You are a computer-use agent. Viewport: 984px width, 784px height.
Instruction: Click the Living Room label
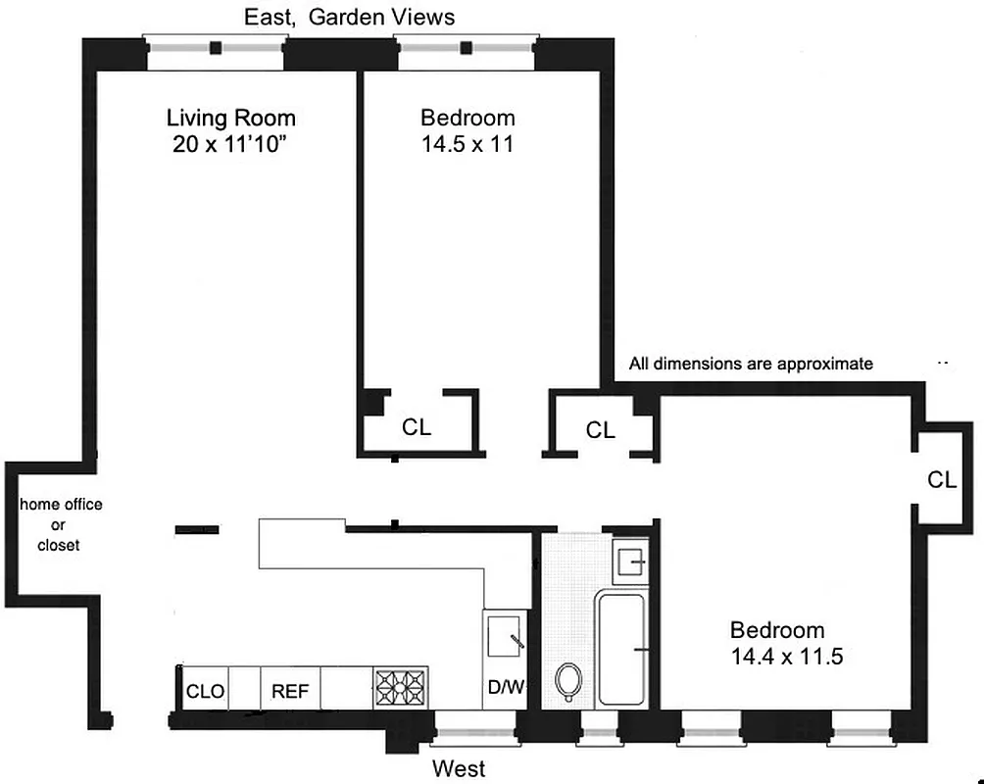click(230, 119)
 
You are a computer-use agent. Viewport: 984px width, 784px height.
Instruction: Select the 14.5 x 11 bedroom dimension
click(467, 145)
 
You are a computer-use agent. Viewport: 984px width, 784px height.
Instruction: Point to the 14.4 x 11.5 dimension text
click(786, 657)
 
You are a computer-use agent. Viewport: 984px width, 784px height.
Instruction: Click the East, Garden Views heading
click(349, 18)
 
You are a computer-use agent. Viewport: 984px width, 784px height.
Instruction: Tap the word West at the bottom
click(460, 768)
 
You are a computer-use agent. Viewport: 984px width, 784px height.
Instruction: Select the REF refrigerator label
click(290, 692)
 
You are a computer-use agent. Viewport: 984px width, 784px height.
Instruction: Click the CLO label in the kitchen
click(206, 692)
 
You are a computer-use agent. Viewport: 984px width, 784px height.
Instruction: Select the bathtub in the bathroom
click(621, 648)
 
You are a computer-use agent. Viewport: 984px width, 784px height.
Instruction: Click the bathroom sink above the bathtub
click(628, 563)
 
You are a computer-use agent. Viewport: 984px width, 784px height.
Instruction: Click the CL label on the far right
click(942, 479)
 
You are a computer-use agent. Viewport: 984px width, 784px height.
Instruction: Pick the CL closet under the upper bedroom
click(417, 427)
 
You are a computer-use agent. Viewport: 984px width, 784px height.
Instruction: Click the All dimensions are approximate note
click(751, 364)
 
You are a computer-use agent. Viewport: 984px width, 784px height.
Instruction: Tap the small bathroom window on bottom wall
click(597, 727)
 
